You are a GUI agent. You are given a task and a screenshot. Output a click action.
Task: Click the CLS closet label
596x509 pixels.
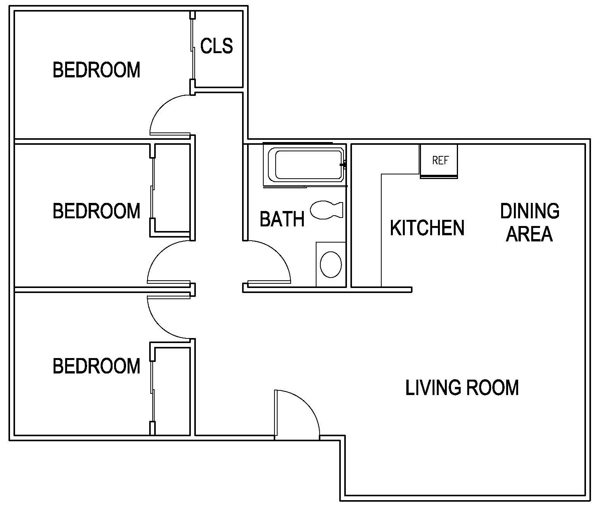(217, 46)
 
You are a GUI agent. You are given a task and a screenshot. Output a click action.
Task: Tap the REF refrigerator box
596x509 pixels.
(439, 161)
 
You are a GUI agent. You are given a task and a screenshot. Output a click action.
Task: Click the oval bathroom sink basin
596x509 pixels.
(331, 265)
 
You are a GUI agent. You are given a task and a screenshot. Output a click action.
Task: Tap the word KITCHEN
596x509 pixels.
(427, 228)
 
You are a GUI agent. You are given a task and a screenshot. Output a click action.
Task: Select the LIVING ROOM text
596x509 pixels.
(462, 387)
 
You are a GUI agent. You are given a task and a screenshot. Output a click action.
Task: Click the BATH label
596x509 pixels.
(282, 219)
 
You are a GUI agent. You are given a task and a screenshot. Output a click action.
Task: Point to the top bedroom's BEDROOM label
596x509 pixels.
(96, 70)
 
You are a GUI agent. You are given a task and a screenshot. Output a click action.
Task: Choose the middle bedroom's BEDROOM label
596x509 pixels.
(96, 211)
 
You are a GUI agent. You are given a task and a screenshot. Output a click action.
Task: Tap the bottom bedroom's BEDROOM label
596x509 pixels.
(96, 366)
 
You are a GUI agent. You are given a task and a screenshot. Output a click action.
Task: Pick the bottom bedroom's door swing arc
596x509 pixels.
(160, 325)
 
